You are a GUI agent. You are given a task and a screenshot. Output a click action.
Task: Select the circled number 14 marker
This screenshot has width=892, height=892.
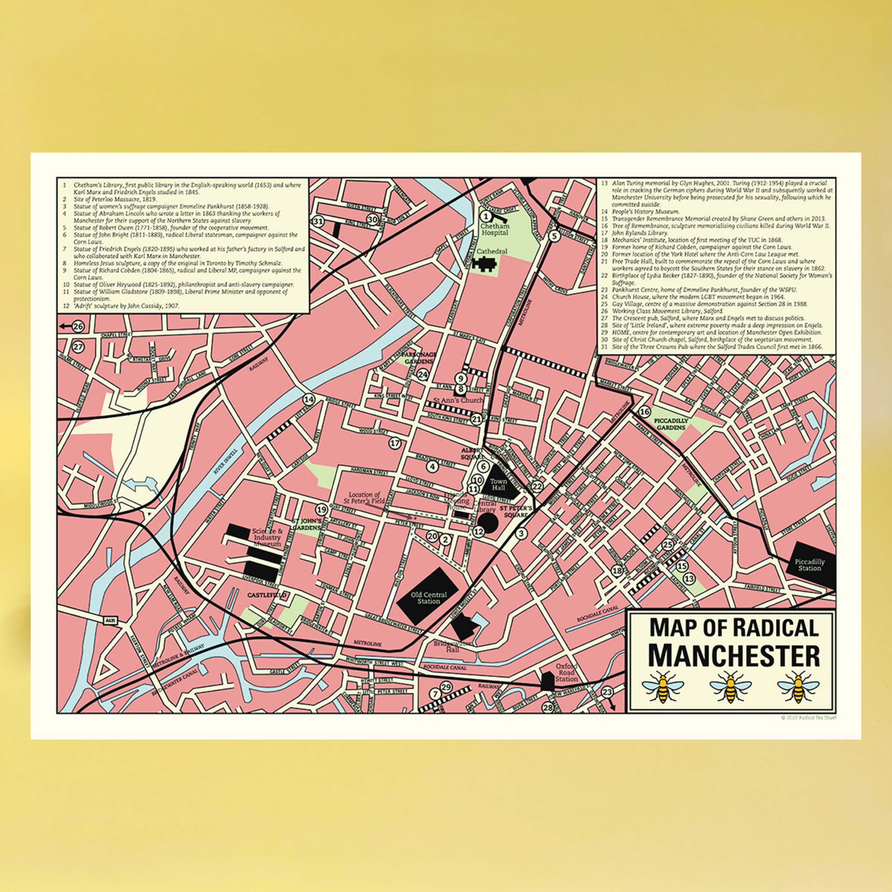[309, 400]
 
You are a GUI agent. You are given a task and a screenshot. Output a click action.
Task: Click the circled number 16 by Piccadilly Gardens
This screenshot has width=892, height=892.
[645, 412]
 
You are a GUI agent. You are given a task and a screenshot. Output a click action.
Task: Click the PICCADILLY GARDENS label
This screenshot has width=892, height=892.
[671, 424]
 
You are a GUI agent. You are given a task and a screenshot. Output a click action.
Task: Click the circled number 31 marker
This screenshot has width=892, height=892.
[318, 221]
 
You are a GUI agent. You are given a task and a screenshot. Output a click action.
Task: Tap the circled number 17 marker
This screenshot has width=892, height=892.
[395, 443]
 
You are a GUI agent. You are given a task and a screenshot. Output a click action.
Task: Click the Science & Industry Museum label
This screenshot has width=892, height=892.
[267, 537]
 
